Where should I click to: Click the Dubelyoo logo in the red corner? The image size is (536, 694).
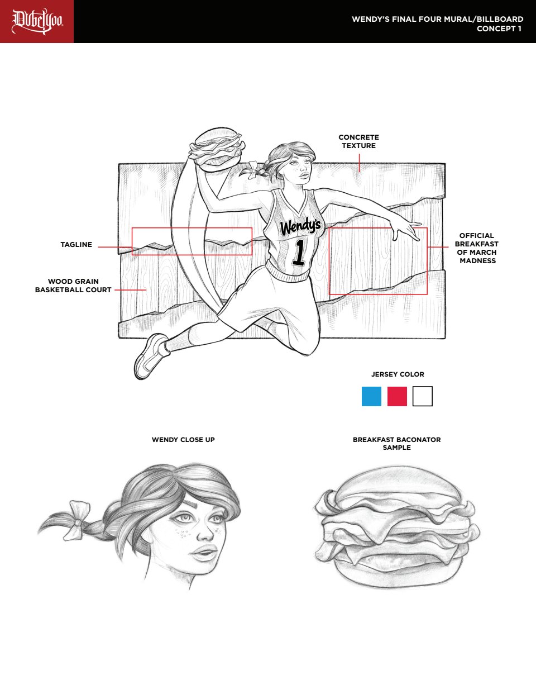37,21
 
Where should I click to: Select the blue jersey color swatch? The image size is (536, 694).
371,396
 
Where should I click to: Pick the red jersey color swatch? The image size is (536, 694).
397,396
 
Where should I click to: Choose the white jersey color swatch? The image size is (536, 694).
423,396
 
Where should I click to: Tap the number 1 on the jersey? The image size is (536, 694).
299,253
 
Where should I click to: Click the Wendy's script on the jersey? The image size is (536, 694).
300,227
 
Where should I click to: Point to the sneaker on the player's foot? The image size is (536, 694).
151,356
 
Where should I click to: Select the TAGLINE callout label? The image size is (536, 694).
76,245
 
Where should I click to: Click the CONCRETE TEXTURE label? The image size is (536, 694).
359,141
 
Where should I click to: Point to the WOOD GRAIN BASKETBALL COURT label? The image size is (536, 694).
73,286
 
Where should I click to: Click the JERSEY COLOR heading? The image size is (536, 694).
398,374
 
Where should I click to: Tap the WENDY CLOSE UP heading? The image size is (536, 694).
184,439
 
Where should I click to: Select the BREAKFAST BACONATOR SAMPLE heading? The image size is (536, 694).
397,443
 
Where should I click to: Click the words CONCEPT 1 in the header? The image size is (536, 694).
499,28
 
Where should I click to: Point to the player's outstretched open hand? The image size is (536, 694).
405,229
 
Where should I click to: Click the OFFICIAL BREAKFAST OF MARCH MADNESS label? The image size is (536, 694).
477,248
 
